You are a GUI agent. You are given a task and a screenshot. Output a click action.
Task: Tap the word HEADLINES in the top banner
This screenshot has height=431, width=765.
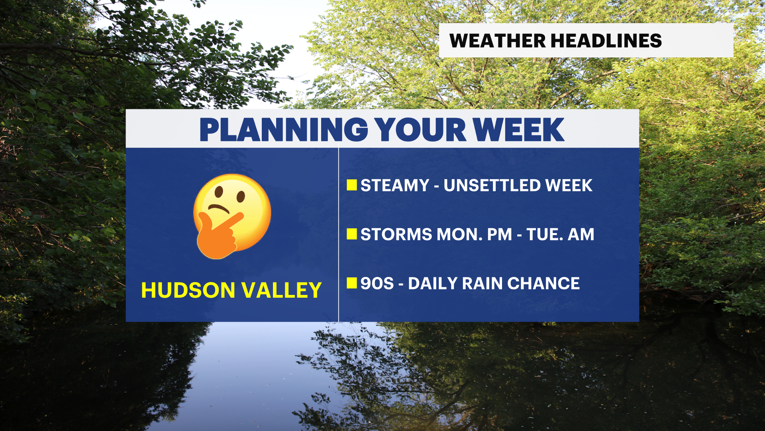[606, 41]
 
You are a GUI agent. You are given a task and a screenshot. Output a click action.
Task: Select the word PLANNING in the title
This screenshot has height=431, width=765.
[284, 130]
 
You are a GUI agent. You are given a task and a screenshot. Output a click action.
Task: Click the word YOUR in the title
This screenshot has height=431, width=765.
[420, 130]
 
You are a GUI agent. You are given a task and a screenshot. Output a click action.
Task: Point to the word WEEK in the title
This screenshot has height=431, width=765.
[518, 130]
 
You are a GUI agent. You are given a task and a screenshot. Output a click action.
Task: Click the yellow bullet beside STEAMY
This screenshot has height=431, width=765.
[352, 185]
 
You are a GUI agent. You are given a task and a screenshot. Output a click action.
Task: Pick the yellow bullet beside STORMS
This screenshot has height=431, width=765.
[352, 234]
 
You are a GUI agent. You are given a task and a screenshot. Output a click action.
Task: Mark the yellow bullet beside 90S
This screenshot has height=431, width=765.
[352, 283]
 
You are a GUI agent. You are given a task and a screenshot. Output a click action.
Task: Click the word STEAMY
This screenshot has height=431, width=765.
[395, 186]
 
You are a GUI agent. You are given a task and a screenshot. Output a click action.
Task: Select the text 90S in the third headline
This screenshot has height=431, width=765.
[377, 284]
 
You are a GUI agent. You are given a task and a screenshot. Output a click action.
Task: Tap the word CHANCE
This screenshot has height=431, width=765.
[543, 284]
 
